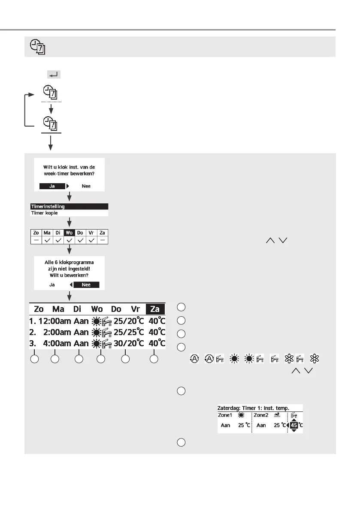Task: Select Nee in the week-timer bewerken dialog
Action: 86,186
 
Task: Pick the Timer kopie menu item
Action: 44,212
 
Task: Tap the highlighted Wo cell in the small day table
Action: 69,233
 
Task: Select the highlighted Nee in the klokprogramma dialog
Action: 86,284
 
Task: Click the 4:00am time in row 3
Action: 56,343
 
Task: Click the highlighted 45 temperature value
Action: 294,425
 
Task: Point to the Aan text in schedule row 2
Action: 81,332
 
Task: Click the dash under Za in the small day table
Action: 102,241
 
